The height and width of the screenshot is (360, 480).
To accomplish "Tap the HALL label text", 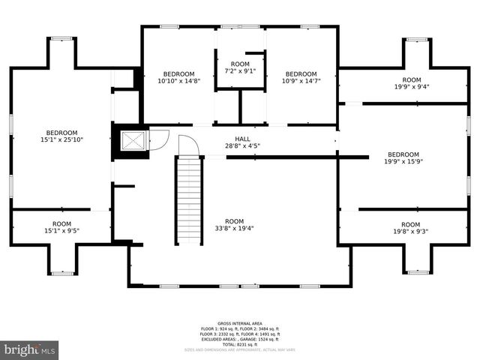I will [x=242, y=139].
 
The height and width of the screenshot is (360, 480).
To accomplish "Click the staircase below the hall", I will [x=189, y=199].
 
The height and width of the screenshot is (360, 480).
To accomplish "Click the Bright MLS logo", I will [x=29, y=349].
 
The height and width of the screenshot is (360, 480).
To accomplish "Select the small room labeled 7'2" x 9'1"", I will [x=240, y=67].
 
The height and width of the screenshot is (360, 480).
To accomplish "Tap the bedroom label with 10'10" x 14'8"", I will [x=178, y=77].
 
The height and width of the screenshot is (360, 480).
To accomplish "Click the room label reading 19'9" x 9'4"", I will [x=412, y=82].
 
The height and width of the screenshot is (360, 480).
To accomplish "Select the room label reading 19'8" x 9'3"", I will [x=410, y=228].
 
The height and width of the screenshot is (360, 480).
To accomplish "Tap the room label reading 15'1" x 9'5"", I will [x=61, y=227].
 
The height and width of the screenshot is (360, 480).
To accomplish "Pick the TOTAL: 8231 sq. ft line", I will [x=239, y=344].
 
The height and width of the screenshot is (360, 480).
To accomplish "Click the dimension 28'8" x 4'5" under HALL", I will [x=242, y=146].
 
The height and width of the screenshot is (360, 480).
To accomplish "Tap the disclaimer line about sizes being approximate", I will [x=239, y=349].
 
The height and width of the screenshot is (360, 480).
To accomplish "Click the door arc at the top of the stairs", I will [x=189, y=146].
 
